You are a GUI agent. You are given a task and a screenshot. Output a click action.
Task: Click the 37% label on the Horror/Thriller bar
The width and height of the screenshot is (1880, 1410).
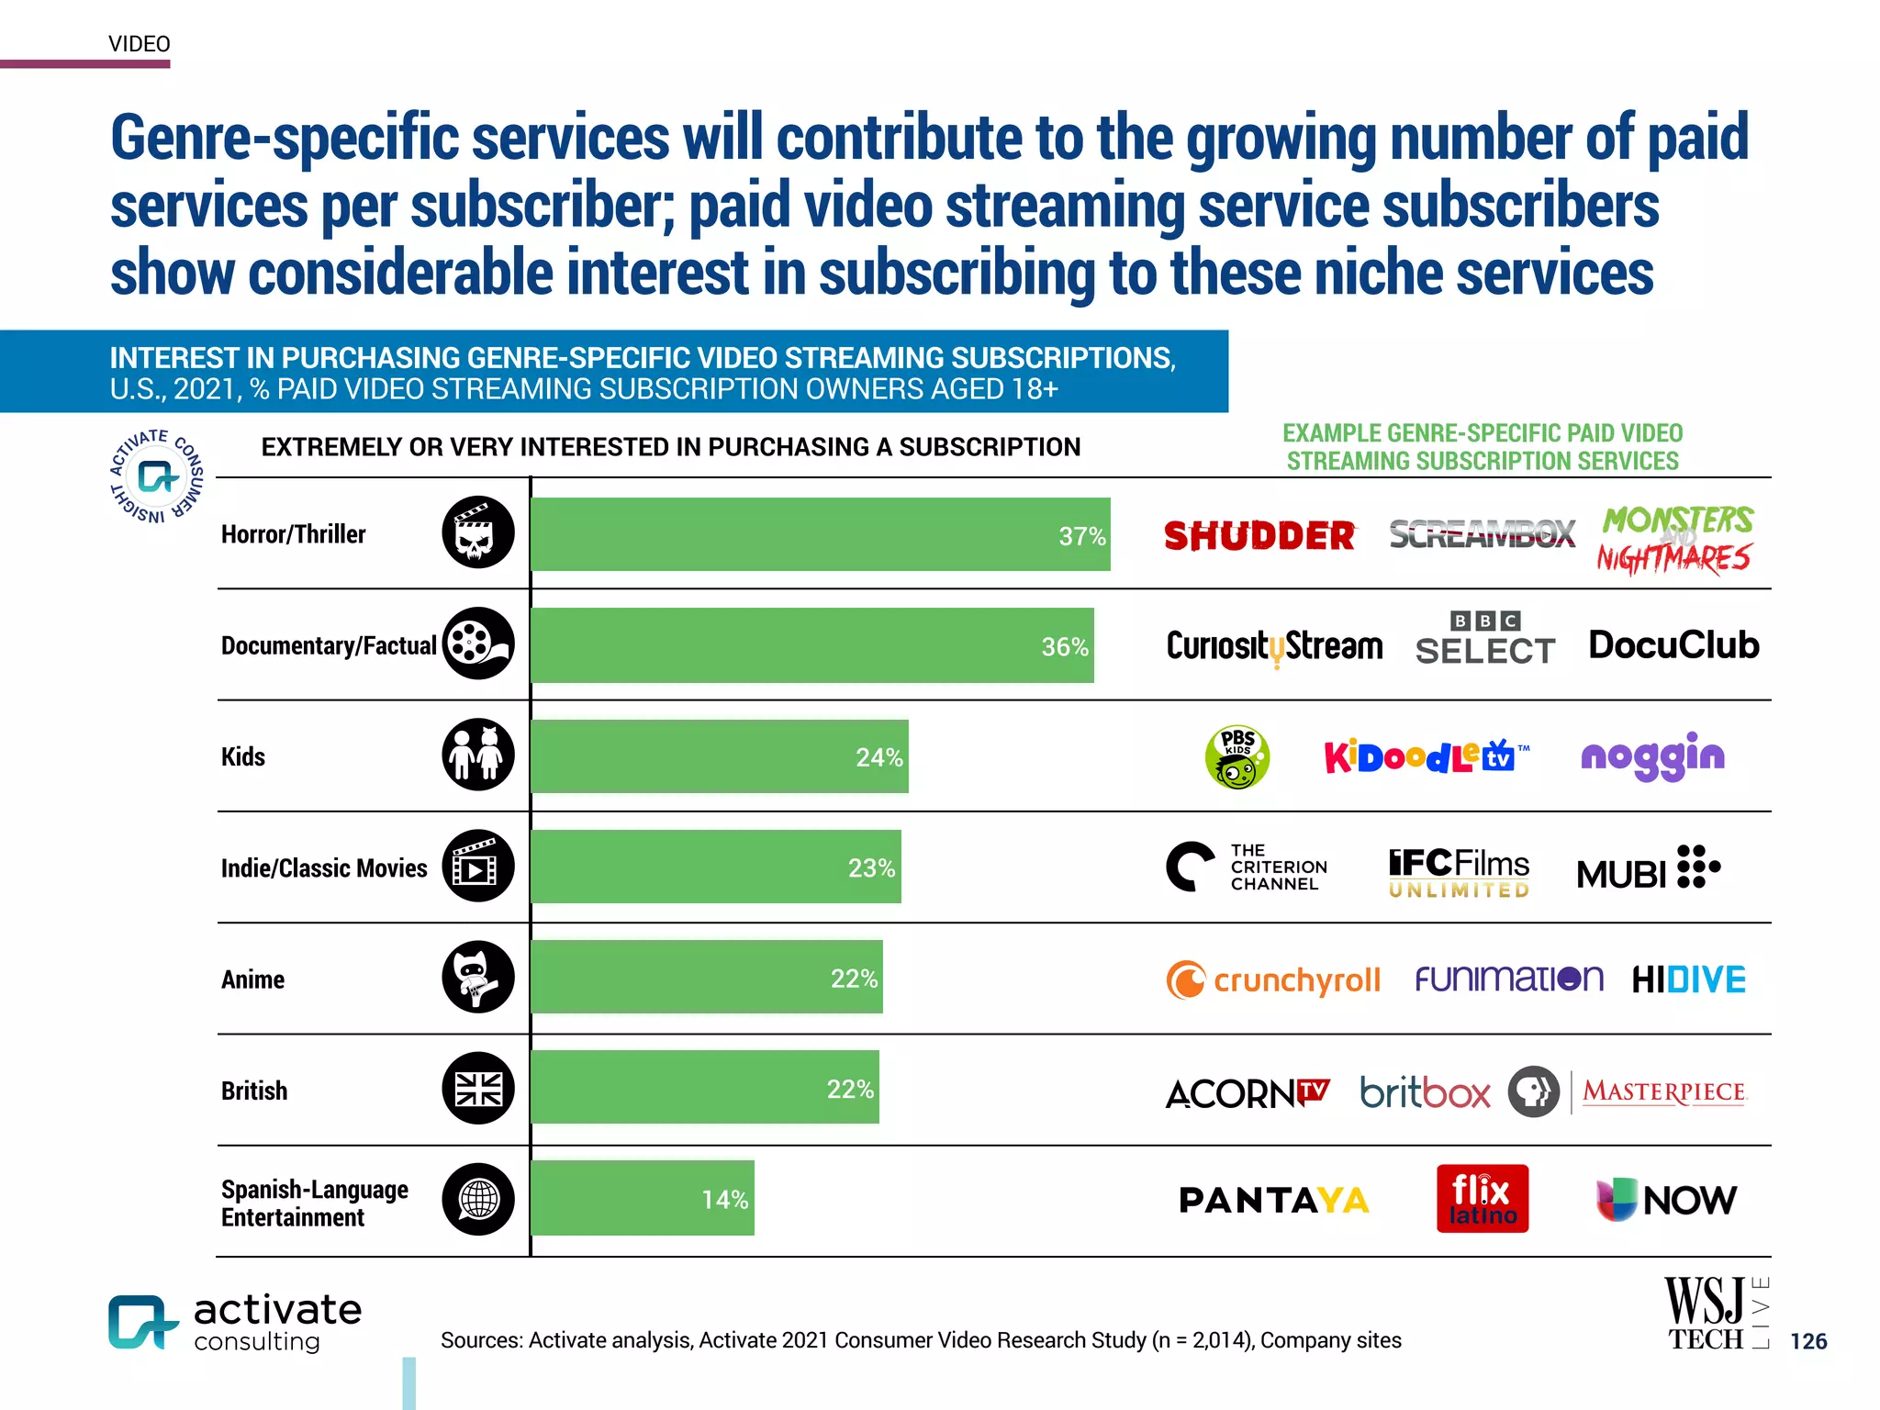tap(1081, 536)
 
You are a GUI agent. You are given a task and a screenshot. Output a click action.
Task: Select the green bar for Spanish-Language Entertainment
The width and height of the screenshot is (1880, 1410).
tap(642, 1199)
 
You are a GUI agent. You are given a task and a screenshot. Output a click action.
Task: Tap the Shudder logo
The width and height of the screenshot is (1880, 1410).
tap(1259, 536)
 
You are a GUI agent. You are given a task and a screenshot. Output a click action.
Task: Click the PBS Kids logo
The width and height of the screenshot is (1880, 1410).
tap(1237, 757)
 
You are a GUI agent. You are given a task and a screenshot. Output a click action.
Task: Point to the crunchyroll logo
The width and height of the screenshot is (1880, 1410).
tap(1273, 979)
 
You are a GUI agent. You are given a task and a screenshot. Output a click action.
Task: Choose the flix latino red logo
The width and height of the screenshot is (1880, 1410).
tap(1482, 1199)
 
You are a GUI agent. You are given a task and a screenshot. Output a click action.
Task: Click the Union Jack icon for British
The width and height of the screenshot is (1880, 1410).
tap(478, 1090)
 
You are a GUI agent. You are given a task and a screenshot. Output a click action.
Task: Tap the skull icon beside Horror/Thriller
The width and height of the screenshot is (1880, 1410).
tap(478, 533)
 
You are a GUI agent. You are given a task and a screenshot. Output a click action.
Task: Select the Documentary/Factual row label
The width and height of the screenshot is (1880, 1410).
tap(328, 645)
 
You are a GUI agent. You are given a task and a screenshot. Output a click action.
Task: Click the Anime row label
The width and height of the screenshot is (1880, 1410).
tap(252, 979)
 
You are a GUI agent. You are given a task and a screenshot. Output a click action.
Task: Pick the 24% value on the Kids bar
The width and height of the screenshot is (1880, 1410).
tap(878, 757)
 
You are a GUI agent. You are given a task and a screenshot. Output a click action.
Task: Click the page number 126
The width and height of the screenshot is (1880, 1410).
tap(1807, 1341)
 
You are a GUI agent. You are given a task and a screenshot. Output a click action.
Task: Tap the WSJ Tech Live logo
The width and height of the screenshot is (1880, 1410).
tap(1716, 1315)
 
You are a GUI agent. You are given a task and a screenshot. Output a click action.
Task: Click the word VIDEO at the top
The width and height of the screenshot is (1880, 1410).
tap(140, 44)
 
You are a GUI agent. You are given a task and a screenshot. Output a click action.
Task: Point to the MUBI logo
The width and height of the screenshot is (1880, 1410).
tap(1648, 868)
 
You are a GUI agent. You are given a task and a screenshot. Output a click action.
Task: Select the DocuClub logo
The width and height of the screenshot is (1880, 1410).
tap(1673, 645)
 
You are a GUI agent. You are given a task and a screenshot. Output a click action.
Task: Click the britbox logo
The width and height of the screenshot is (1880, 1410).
tap(1425, 1092)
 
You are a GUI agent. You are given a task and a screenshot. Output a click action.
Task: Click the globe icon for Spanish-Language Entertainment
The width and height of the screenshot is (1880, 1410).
tap(478, 1199)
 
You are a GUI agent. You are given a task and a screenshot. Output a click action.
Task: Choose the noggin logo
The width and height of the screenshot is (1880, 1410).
tap(1652, 757)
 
